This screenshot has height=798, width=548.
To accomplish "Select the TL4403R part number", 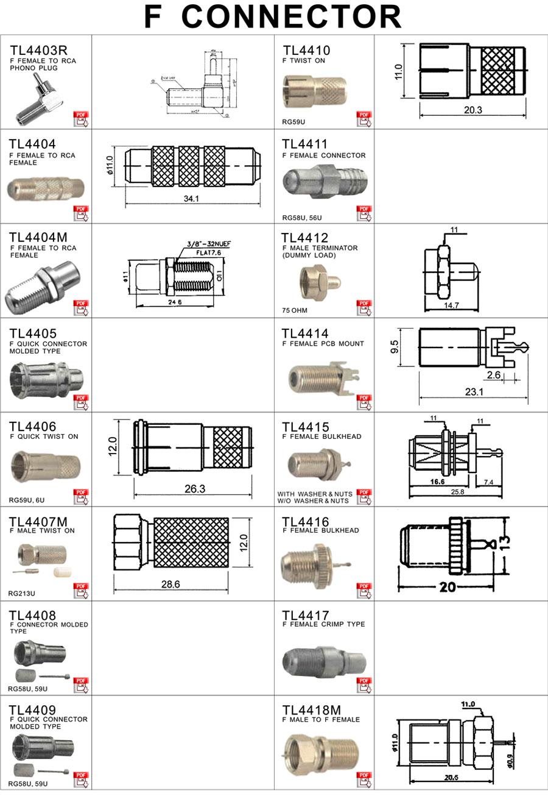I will [x=38, y=51].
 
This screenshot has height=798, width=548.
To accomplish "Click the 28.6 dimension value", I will [x=170, y=584].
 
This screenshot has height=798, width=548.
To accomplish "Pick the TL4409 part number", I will [x=33, y=710].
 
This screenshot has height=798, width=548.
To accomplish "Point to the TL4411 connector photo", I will [x=323, y=183].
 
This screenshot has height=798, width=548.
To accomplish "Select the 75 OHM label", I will [x=295, y=310].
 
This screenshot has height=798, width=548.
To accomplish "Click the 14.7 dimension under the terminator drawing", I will [x=451, y=305].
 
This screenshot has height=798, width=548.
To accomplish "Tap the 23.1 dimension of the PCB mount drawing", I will [x=474, y=392].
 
